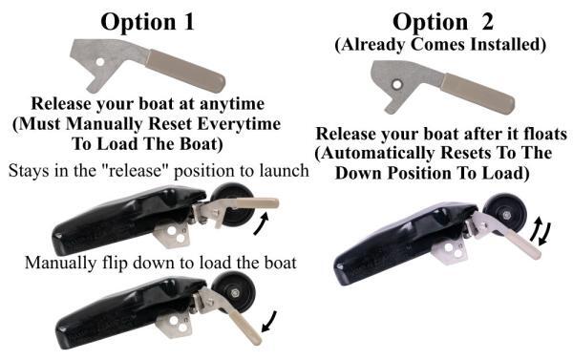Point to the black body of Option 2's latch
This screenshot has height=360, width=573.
(x=392, y=239)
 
